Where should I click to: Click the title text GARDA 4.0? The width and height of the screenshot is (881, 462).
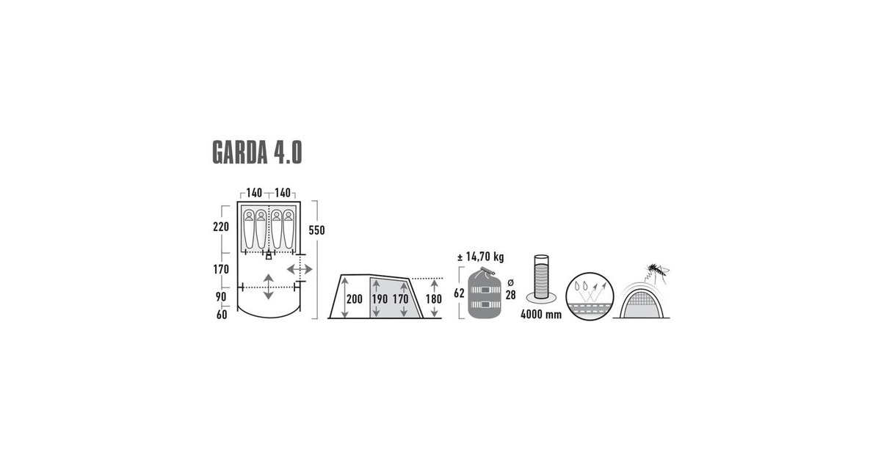257,152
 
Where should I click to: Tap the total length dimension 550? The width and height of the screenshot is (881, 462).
316,230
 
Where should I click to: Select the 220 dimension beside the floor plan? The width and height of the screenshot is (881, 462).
222,227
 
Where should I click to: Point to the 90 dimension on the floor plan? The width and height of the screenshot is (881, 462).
221,296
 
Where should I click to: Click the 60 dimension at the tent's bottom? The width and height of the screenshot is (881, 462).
221,315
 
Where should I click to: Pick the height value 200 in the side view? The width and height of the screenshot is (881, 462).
355,299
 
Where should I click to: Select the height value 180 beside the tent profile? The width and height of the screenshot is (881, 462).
434,299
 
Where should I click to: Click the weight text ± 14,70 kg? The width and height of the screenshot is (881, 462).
480,257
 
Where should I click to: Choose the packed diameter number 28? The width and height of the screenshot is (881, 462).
510,294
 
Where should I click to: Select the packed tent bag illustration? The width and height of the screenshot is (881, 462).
485,293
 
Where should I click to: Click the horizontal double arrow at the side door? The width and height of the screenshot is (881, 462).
300,269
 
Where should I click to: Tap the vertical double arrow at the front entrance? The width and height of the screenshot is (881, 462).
269,286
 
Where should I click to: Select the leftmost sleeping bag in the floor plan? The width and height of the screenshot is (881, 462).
250,227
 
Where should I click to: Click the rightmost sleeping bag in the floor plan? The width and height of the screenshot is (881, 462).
289,227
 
